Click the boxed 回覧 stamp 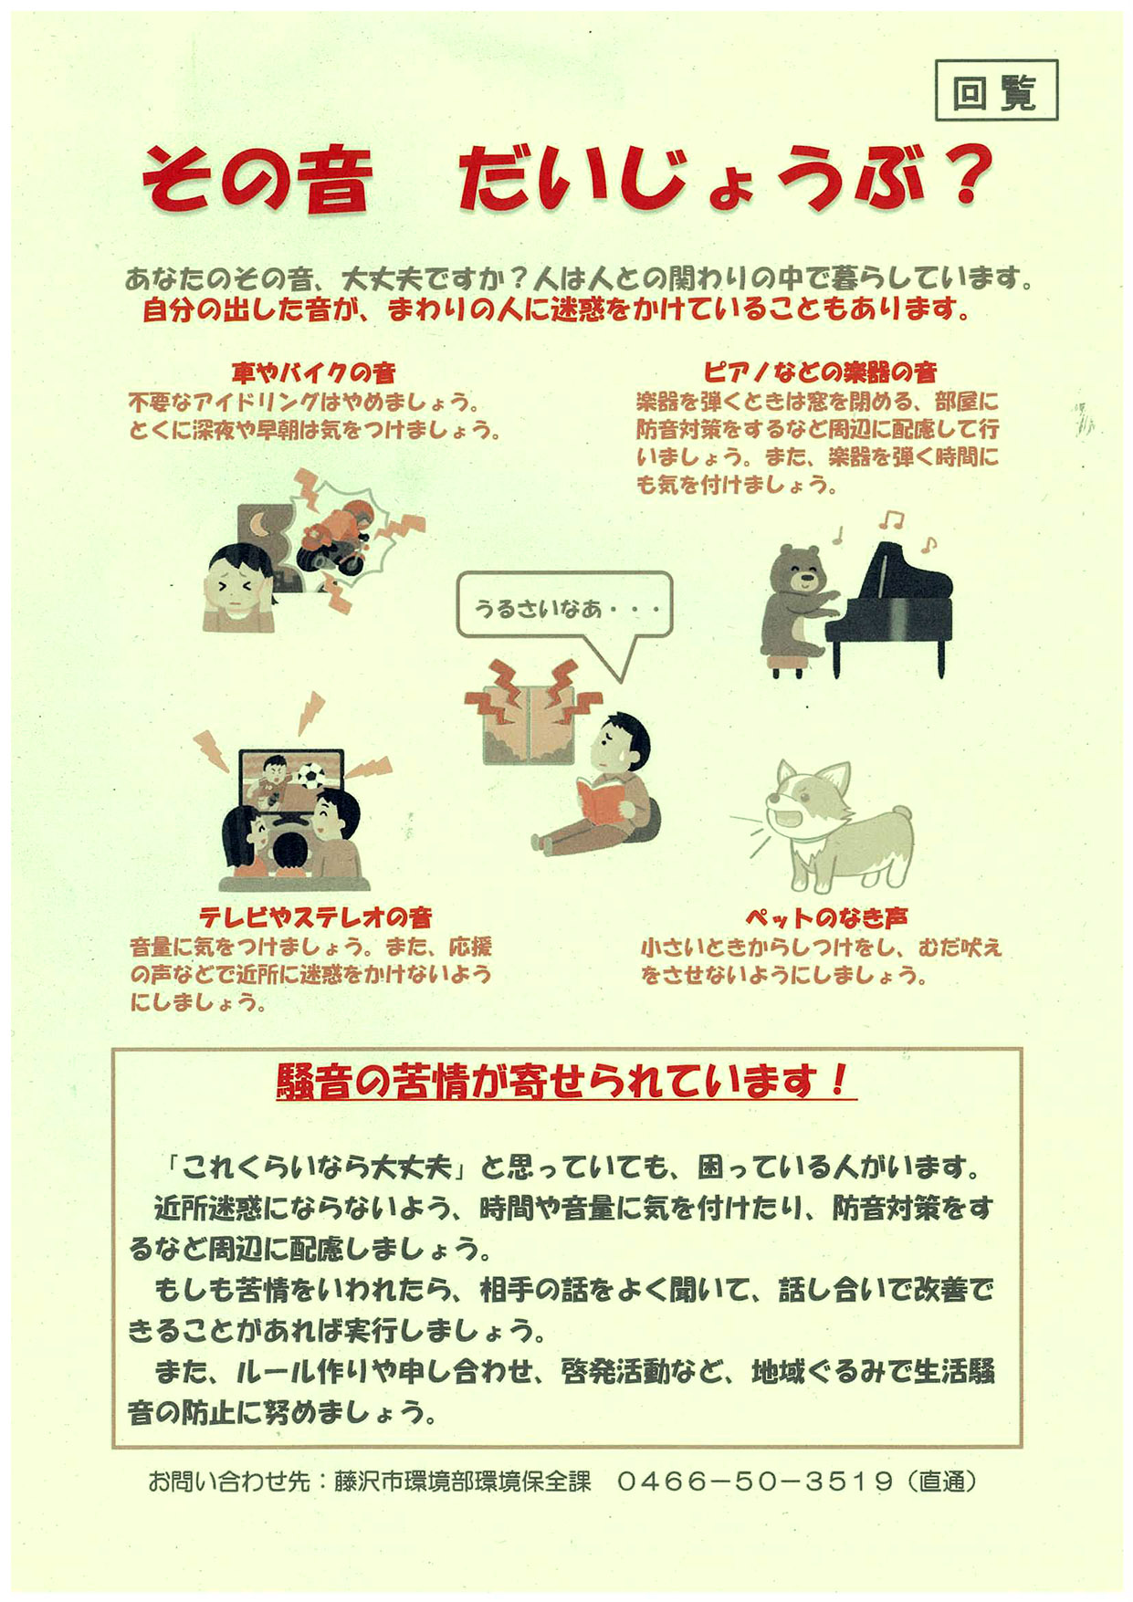click(x=996, y=90)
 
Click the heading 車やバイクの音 click(x=313, y=372)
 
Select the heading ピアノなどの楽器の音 click(x=819, y=372)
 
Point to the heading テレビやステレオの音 click(x=315, y=916)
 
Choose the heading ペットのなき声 click(x=826, y=917)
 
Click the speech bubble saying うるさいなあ click(x=564, y=606)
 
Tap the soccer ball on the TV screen click(x=311, y=776)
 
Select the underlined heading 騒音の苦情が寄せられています click(x=565, y=1081)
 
